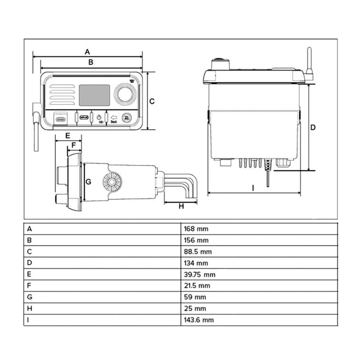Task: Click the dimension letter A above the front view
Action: (x=87, y=51)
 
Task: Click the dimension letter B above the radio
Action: (x=91, y=62)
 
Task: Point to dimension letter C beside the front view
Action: (x=152, y=101)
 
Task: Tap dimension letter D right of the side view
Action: (x=313, y=127)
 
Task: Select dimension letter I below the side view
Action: (x=253, y=188)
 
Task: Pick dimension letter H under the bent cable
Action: (x=181, y=206)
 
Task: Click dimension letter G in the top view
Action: (x=88, y=182)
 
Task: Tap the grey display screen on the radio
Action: (x=94, y=95)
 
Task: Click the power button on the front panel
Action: (x=99, y=117)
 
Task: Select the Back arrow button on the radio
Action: (x=113, y=118)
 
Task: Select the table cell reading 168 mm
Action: (x=196, y=229)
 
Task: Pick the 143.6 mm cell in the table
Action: (x=199, y=320)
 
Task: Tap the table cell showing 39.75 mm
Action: (x=199, y=275)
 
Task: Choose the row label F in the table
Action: (x=29, y=286)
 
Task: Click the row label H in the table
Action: (x=30, y=309)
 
